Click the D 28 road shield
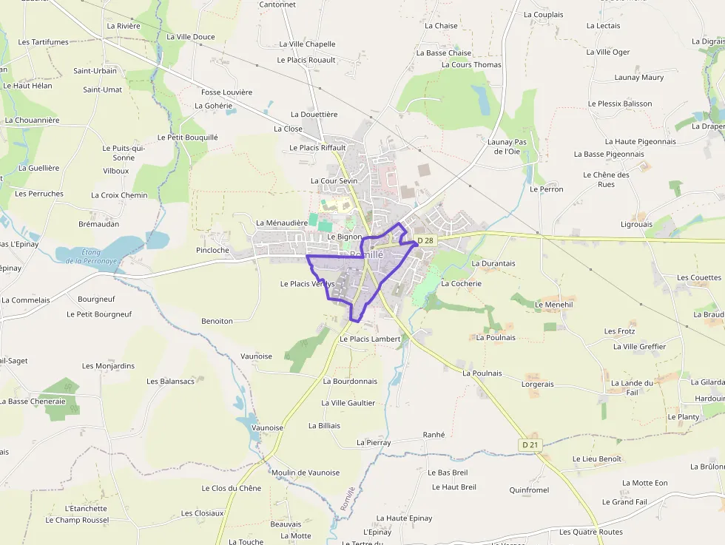(x=425, y=240)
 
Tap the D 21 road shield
(x=530, y=444)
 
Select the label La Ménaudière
(x=281, y=223)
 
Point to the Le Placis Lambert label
(x=369, y=339)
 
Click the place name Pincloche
(x=213, y=251)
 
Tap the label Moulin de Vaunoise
(x=306, y=473)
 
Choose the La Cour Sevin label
(x=334, y=181)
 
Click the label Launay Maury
(x=639, y=78)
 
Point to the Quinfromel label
(x=529, y=490)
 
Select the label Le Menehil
(x=553, y=304)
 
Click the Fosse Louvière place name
(x=227, y=92)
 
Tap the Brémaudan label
(x=98, y=223)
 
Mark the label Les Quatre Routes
(x=590, y=532)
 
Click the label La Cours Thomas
(x=471, y=65)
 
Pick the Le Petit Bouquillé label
(x=188, y=138)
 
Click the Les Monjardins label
(x=109, y=366)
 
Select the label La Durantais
(x=493, y=263)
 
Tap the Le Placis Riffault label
(x=317, y=148)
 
